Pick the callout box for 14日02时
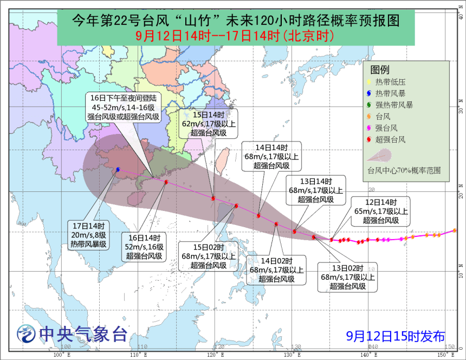coord(276,269)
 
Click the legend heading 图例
coord(380,70)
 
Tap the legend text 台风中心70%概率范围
coord(404,170)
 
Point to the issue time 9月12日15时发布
coord(396,336)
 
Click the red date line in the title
coord(235,36)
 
